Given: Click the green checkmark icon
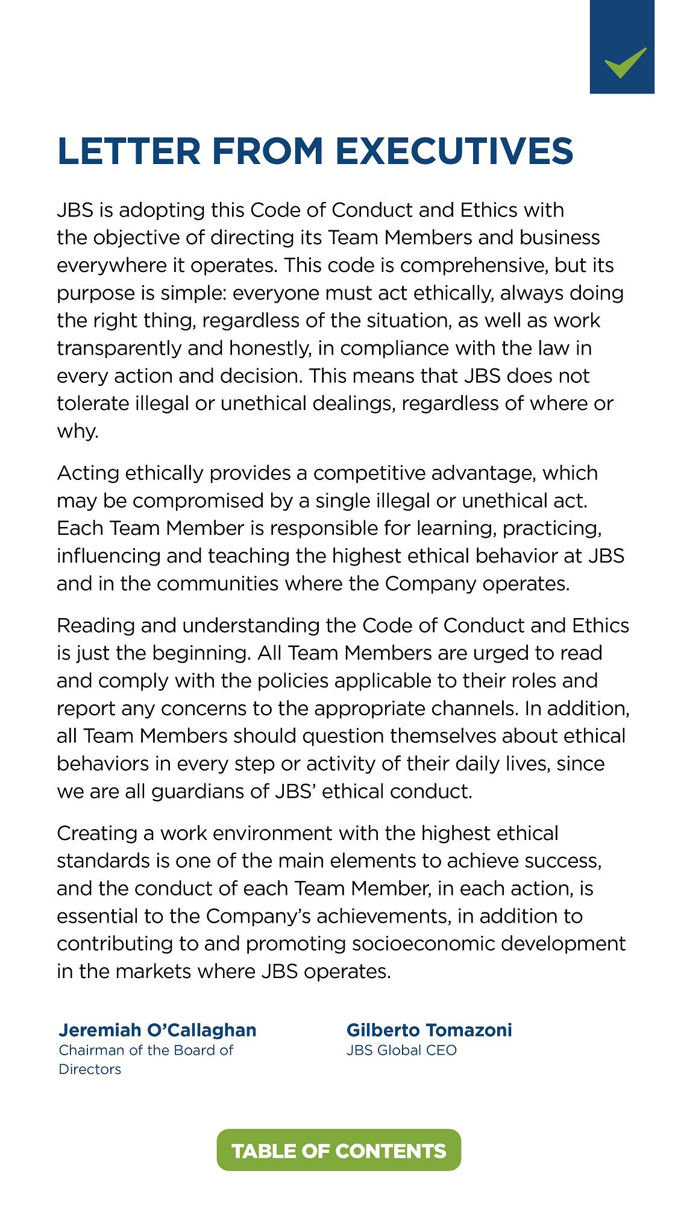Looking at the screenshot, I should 625,62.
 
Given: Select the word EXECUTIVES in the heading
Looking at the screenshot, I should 454,151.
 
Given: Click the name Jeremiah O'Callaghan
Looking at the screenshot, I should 157,1029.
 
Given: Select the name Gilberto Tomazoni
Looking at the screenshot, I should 429,1029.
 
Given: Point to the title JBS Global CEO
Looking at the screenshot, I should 401,1050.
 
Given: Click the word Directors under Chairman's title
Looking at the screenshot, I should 90,1069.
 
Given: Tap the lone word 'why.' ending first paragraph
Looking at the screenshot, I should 78,431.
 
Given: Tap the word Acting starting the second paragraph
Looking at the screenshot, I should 88,473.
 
